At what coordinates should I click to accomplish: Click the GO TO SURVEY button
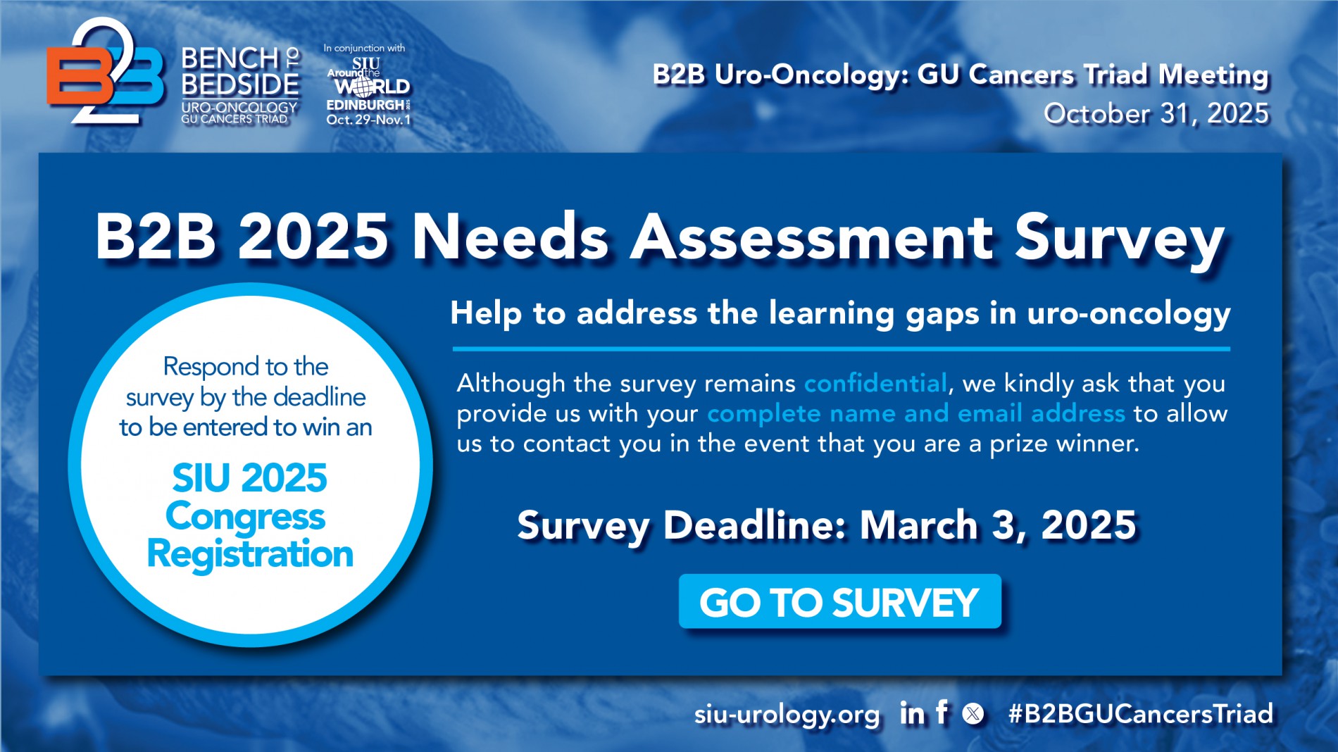click(839, 601)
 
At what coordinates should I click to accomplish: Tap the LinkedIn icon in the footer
click(912, 714)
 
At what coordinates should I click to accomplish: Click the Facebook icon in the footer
click(942, 713)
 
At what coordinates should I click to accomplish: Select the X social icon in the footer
click(973, 714)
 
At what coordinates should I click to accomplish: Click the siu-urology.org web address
click(787, 715)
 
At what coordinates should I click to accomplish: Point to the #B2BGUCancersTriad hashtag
click(1141, 713)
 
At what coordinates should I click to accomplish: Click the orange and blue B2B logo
click(106, 72)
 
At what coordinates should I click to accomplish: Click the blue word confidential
click(875, 383)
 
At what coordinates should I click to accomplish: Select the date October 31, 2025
click(1156, 113)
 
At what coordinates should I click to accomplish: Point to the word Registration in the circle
click(250, 553)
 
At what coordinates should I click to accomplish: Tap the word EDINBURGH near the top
click(365, 105)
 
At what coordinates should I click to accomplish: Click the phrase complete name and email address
click(915, 413)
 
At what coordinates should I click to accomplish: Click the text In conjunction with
click(364, 48)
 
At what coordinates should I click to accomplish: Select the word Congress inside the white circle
click(246, 518)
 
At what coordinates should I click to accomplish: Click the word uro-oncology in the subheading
click(1129, 313)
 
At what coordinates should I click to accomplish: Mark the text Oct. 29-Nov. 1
click(368, 120)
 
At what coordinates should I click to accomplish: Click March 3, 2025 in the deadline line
click(998, 525)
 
